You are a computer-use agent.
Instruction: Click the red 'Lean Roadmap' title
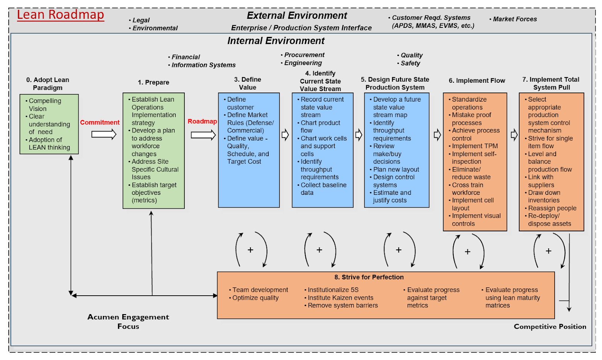60,15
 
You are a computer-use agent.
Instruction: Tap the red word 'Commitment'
100,122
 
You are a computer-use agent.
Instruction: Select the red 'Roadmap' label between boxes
202,121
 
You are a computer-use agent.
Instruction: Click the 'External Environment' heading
297,15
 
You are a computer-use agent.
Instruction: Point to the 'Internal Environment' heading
276,41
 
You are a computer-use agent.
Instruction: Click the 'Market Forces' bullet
514,19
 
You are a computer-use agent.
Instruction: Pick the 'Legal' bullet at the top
141,20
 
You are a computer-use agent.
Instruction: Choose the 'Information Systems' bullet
203,65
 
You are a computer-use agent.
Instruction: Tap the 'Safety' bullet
410,63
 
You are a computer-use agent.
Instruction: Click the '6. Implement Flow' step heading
477,81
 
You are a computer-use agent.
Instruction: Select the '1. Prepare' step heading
154,82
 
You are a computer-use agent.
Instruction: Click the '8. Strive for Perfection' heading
369,277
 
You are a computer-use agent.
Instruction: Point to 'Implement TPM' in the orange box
474,146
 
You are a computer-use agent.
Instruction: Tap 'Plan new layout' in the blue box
396,169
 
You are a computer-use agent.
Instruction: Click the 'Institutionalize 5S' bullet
333,290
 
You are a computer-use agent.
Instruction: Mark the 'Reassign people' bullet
552,208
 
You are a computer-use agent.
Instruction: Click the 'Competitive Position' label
550,327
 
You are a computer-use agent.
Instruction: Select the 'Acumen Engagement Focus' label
128,322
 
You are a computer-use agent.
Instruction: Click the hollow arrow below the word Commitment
104,134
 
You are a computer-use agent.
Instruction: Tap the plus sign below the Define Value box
251,250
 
